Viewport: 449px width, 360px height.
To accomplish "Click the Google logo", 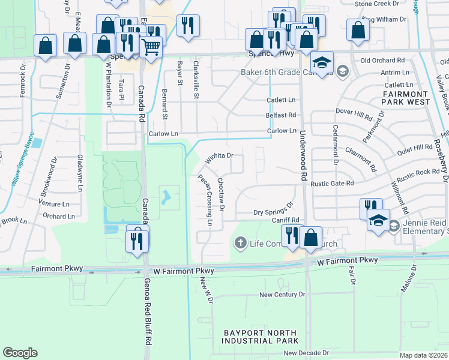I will pyautogui.click(x=20, y=353).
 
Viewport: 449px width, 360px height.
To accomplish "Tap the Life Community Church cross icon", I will pyautogui.click(x=240, y=243).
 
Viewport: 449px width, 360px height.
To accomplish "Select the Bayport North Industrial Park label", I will pyautogui.click(x=261, y=337).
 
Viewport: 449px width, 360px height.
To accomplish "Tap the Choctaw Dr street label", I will pyautogui.click(x=221, y=194).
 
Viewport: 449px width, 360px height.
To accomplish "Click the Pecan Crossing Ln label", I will pyautogui.click(x=205, y=200).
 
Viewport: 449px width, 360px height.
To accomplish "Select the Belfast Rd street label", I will pyautogui.click(x=281, y=115).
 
